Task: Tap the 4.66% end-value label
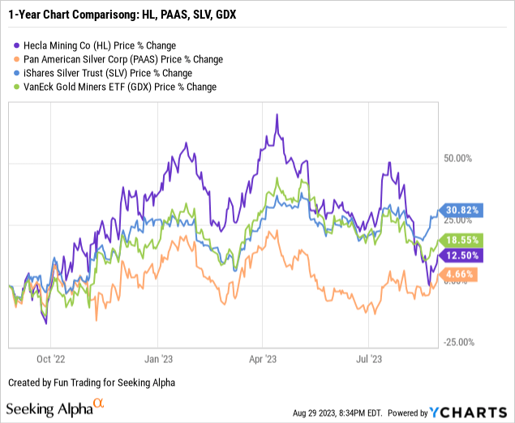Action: point(460,275)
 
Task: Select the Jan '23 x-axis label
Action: point(157,356)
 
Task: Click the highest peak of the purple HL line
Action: point(277,114)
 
